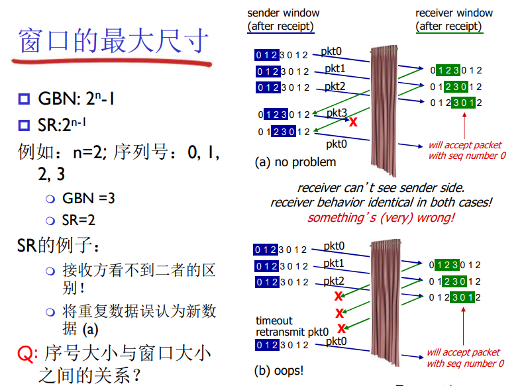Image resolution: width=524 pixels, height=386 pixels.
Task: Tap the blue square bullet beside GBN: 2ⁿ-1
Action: point(25,100)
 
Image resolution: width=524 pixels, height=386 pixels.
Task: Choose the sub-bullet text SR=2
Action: point(79,220)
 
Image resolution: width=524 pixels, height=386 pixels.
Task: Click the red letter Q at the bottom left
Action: point(24,353)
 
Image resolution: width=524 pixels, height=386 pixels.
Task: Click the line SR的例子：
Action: point(59,246)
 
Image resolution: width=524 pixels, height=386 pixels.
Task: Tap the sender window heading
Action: point(283,19)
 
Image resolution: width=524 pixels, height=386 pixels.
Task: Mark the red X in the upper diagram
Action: point(353,121)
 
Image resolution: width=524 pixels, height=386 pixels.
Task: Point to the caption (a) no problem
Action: point(295,162)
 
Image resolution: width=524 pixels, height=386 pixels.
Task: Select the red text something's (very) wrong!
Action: point(381,217)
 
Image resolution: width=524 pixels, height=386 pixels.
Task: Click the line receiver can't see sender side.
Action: point(381,188)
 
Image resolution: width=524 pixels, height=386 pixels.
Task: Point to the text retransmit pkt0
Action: point(292,332)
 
